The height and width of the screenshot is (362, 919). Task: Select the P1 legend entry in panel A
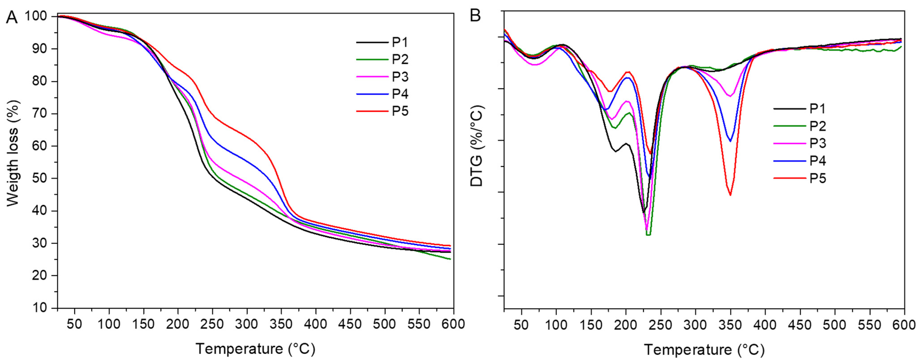tap(400, 42)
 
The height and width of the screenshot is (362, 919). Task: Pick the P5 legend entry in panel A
tap(400, 111)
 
